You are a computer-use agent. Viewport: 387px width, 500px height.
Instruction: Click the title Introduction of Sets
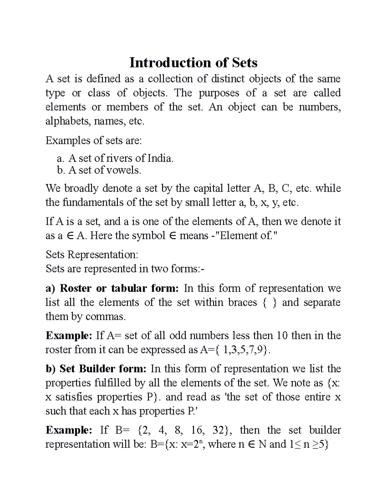[193, 62]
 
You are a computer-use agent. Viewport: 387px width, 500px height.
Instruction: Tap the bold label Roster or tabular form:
[112, 288]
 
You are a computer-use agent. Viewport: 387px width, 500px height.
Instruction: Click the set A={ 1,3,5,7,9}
[232, 350]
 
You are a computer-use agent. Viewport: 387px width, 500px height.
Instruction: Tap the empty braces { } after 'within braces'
[269, 303]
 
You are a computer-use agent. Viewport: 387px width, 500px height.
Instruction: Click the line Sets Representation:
[92, 255]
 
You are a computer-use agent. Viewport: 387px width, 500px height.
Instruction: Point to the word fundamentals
[89, 203]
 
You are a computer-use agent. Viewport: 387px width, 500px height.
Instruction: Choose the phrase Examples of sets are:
[94, 140]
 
